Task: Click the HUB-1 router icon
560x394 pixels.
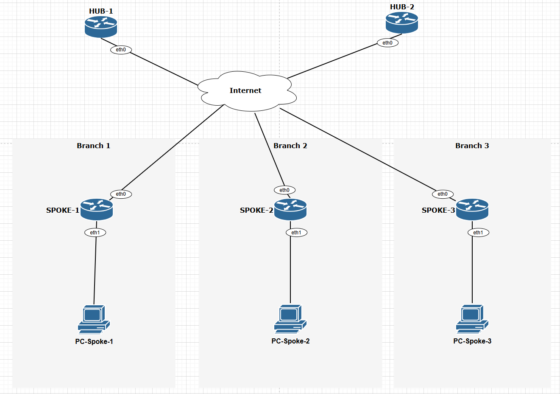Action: pos(100,27)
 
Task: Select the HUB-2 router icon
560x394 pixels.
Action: pos(402,23)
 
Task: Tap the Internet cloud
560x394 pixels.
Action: pos(246,91)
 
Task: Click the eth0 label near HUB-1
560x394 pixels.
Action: pos(121,50)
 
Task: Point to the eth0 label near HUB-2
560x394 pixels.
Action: pos(387,43)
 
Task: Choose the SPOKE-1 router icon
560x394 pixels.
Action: pos(97,209)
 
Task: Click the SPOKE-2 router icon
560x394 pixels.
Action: pos(290,209)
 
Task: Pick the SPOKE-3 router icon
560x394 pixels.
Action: pos(472,209)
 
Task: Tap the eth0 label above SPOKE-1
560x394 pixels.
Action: pos(121,194)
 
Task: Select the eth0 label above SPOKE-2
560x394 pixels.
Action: pos(284,190)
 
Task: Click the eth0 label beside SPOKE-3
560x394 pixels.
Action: pos(443,194)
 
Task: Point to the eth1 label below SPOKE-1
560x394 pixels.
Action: pos(95,233)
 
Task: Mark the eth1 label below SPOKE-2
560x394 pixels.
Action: pos(296,233)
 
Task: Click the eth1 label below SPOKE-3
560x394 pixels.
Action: pos(478,233)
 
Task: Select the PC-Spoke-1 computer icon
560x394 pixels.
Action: pos(94,319)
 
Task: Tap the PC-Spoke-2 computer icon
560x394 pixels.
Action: pos(290,319)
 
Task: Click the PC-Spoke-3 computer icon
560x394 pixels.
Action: pos(472,319)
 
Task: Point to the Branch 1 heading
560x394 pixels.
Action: pos(93,146)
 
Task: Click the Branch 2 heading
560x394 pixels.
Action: pos(290,146)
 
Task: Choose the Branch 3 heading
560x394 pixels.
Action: pos(472,146)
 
